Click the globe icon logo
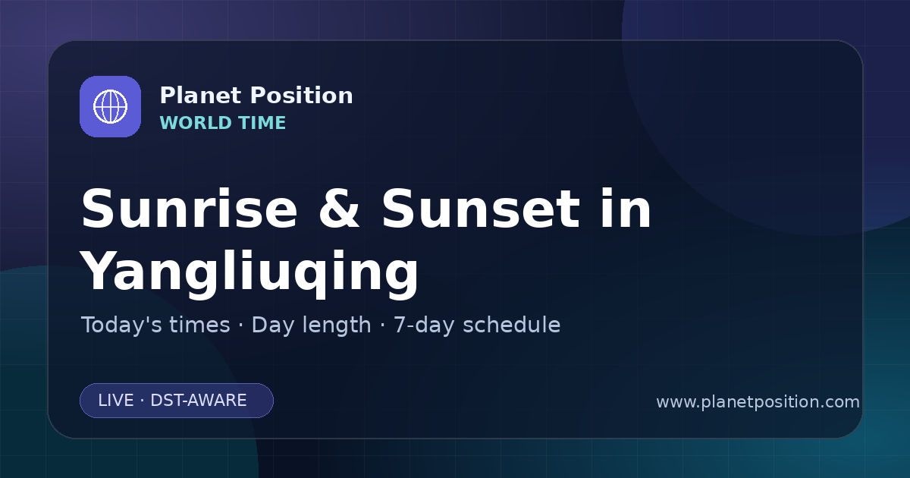110,106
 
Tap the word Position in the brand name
302,96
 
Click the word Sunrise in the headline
190,209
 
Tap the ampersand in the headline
339,209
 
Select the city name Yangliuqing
249,272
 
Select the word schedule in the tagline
512,325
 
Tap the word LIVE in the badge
116,401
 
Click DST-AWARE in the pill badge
199,401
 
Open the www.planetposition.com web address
758,402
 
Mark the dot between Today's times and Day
241,326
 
